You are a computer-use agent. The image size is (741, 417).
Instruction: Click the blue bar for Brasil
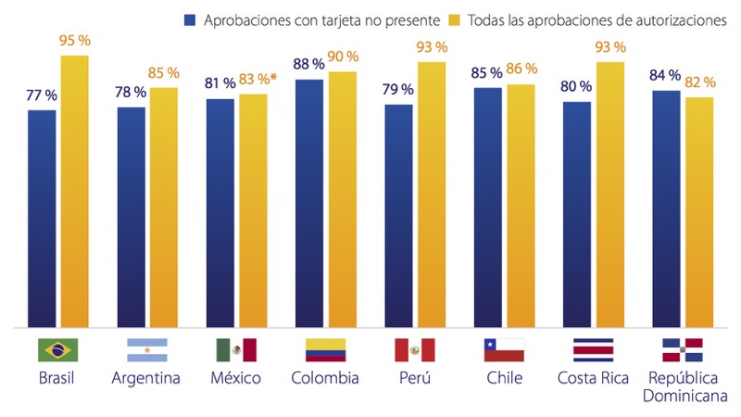[x=42, y=218]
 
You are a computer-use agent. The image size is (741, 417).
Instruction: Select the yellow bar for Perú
[x=431, y=195]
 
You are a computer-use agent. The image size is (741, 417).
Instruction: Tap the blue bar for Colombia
[x=309, y=204]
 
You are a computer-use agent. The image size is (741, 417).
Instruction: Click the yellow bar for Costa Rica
[x=610, y=195]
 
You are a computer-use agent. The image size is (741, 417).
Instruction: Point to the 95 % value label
[x=75, y=40]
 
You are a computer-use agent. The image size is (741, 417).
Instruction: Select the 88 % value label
[x=309, y=64]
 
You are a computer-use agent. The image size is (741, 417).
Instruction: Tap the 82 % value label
[x=699, y=82]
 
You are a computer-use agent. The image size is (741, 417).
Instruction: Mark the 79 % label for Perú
[x=397, y=89]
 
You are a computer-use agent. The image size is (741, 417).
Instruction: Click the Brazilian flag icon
[x=57, y=349]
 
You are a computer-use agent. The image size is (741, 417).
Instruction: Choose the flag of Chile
[x=504, y=349]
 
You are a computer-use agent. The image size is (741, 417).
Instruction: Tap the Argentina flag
[x=146, y=349]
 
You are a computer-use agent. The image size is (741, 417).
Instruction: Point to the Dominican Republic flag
[x=682, y=349]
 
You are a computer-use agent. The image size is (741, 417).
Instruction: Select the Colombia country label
[x=325, y=378]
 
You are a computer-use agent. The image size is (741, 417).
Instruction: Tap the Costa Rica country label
[x=593, y=378]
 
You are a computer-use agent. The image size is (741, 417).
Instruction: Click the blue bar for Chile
[x=488, y=208]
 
